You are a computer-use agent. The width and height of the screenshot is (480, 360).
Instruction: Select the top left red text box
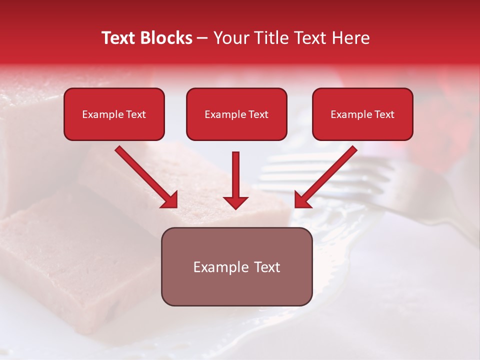click(x=114, y=114)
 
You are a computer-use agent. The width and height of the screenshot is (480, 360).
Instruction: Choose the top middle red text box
click(x=236, y=114)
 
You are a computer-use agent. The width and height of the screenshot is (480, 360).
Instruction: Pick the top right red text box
click(x=362, y=114)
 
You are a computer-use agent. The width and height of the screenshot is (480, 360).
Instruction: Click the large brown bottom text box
click(x=236, y=266)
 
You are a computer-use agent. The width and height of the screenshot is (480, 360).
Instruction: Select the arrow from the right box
click(x=327, y=175)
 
